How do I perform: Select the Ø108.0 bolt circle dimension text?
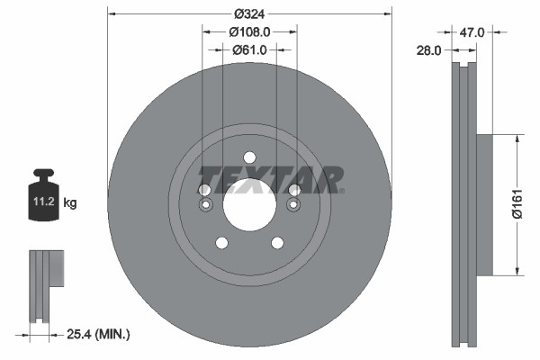click(249, 31)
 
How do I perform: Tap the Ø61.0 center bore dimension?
click(249, 49)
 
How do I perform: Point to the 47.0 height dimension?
click(472, 32)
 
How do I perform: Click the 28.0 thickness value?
click(428, 51)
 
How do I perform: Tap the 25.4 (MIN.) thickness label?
click(99, 335)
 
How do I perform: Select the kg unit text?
click(70, 203)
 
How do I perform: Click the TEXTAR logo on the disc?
click(270, 177)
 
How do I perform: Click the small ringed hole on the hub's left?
click(205, 206)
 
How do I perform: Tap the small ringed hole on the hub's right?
click(293, 206)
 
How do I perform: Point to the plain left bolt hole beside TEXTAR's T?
click(204, 189)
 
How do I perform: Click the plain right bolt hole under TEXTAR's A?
click(294, 189)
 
